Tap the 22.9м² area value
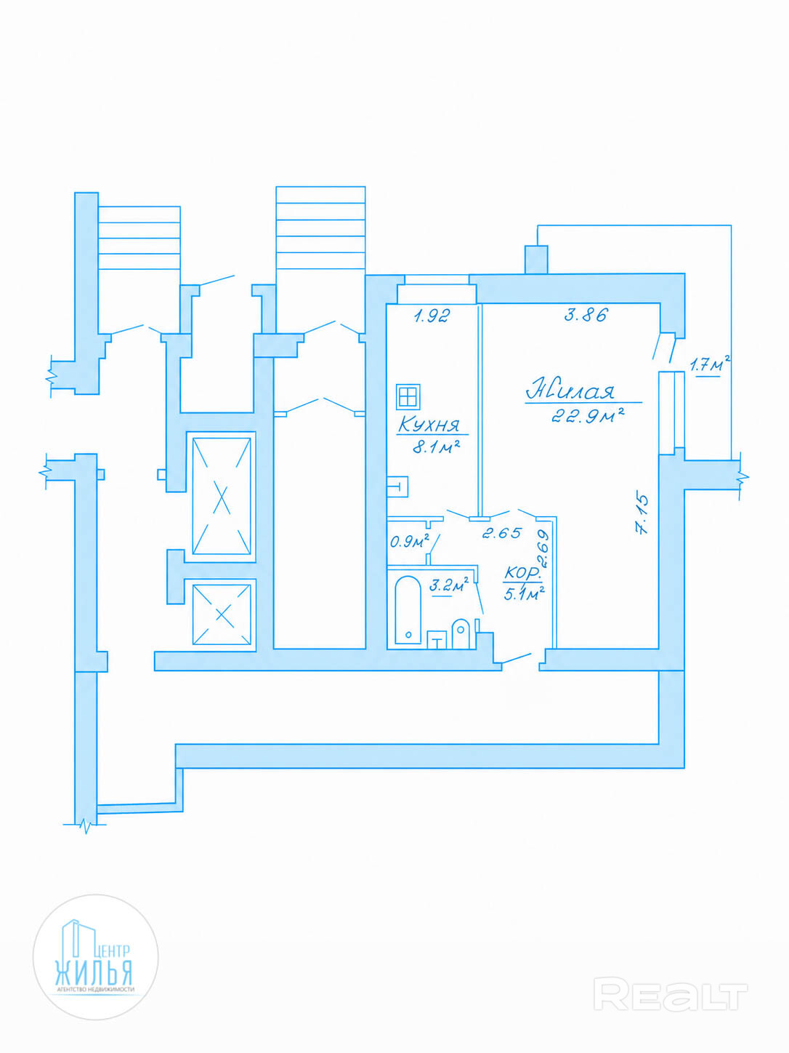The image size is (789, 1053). pos(588,416)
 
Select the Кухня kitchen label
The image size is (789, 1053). pos(429,424)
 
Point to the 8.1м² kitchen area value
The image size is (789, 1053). pos(436,447)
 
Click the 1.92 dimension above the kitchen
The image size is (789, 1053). pos(432,316)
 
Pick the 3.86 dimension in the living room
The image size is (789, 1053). pos(586,315)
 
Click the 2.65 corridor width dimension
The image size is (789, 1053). pos(502,533)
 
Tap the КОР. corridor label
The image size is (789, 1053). pos(522,573)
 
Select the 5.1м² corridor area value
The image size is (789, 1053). pos(524,593)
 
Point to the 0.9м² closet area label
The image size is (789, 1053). pos(409,541)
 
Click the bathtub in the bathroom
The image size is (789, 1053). pos(408,610)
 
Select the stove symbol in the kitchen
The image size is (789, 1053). pos(408,397)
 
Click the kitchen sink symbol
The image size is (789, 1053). pos(397,486)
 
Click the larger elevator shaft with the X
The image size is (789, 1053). pos(222,495)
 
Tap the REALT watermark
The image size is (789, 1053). pos(670,994)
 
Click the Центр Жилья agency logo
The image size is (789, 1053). pos(95,957)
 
